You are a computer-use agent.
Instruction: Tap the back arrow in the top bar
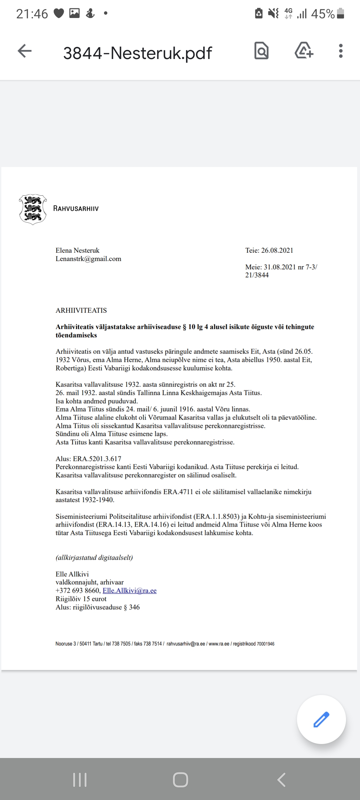tap(25, 51)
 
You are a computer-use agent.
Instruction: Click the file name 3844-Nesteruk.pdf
tap(137, 53)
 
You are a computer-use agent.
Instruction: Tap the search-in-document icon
tap(261, 51)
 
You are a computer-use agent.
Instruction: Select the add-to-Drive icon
tap(304, 51)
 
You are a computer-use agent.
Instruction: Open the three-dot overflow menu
tap(340, 51)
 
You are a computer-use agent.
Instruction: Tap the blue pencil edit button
tap(321, 719)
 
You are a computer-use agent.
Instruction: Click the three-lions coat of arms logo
tap(33, 209)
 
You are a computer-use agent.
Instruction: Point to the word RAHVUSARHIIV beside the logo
tap(76, 209)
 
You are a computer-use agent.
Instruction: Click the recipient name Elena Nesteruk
tap(77, 250)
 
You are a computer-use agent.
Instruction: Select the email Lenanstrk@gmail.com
tap(88, 259)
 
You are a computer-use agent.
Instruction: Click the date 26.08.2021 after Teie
tap(277, 250)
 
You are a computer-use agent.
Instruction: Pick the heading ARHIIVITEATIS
tap(81, 310)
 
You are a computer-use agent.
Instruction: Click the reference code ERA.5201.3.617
tap(97, 459)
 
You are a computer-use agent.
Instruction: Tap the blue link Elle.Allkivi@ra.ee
tap(129, 591)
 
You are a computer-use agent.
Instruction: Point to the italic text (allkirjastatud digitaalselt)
tap(94, 558)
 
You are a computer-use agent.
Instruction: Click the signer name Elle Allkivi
tap(72, 574)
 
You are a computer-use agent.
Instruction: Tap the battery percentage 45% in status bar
tap(323, 14)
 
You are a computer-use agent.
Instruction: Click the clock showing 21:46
tap(32, 14)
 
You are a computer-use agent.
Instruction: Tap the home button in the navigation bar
tap(180, 780)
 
